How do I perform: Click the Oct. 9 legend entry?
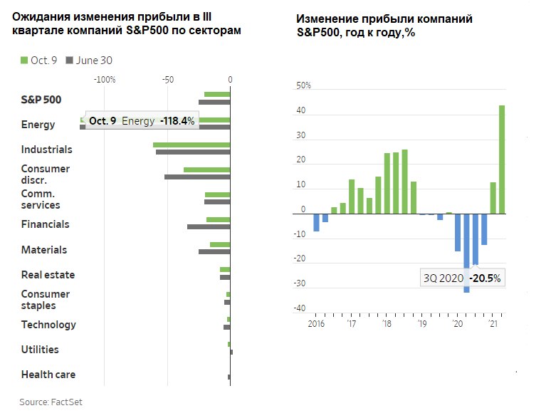[39, 61]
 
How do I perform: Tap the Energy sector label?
[38, 125]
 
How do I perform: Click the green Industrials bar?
[191, 145]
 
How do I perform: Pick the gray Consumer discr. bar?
[197, 176]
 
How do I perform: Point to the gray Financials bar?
[209, 226]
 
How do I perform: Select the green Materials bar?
[220, 244]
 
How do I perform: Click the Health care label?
[48, 375]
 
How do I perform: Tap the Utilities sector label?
[40, 350]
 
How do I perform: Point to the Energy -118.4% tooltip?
[141, 121]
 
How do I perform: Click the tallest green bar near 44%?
[502, 159]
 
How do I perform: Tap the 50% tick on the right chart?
[304, 85]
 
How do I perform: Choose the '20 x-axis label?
[456, 323]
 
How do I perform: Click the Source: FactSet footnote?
[51, 402]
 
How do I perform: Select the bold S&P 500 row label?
[41, 100]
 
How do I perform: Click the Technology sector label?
[48, 325]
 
